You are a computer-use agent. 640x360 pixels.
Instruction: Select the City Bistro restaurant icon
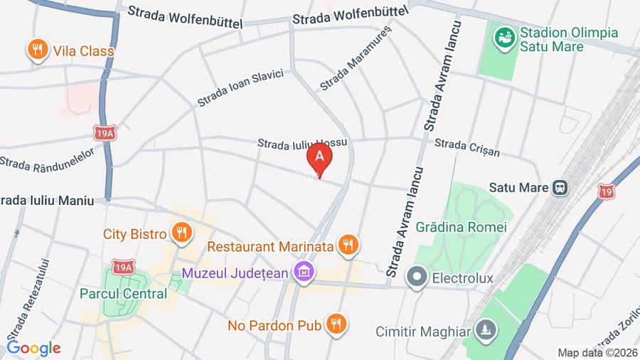pos(182,233)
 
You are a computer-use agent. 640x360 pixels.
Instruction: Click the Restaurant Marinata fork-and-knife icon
pos(347,245)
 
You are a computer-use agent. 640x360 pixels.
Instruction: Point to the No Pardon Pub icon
pos(336,324)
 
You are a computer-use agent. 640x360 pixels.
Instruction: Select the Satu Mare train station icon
pos(560,188)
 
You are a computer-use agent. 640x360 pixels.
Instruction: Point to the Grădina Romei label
pos(462,227)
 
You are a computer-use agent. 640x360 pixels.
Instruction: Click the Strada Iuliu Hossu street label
pos(302,142)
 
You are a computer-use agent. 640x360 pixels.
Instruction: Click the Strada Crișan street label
pos(466,147)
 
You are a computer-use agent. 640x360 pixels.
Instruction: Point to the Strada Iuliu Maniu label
pos(47,201)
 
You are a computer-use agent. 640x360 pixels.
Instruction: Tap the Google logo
pos(33,348)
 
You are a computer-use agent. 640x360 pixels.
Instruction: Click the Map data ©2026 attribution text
pos(597,353)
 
